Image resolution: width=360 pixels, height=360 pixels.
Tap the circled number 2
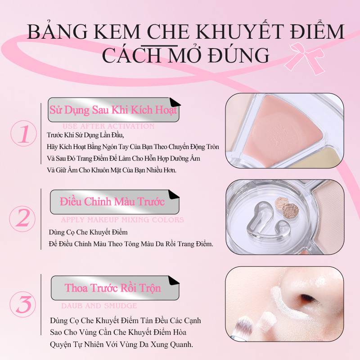point(23,218)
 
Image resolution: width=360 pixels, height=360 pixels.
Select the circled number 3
point(22,304)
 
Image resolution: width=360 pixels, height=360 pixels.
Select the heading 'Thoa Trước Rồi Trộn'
point(112,288)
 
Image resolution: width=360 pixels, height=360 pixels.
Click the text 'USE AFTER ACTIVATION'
point(109,126)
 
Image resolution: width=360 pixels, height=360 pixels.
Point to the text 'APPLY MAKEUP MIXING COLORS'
point(122,220)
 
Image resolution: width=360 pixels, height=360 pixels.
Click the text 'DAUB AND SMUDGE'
point(99,306)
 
